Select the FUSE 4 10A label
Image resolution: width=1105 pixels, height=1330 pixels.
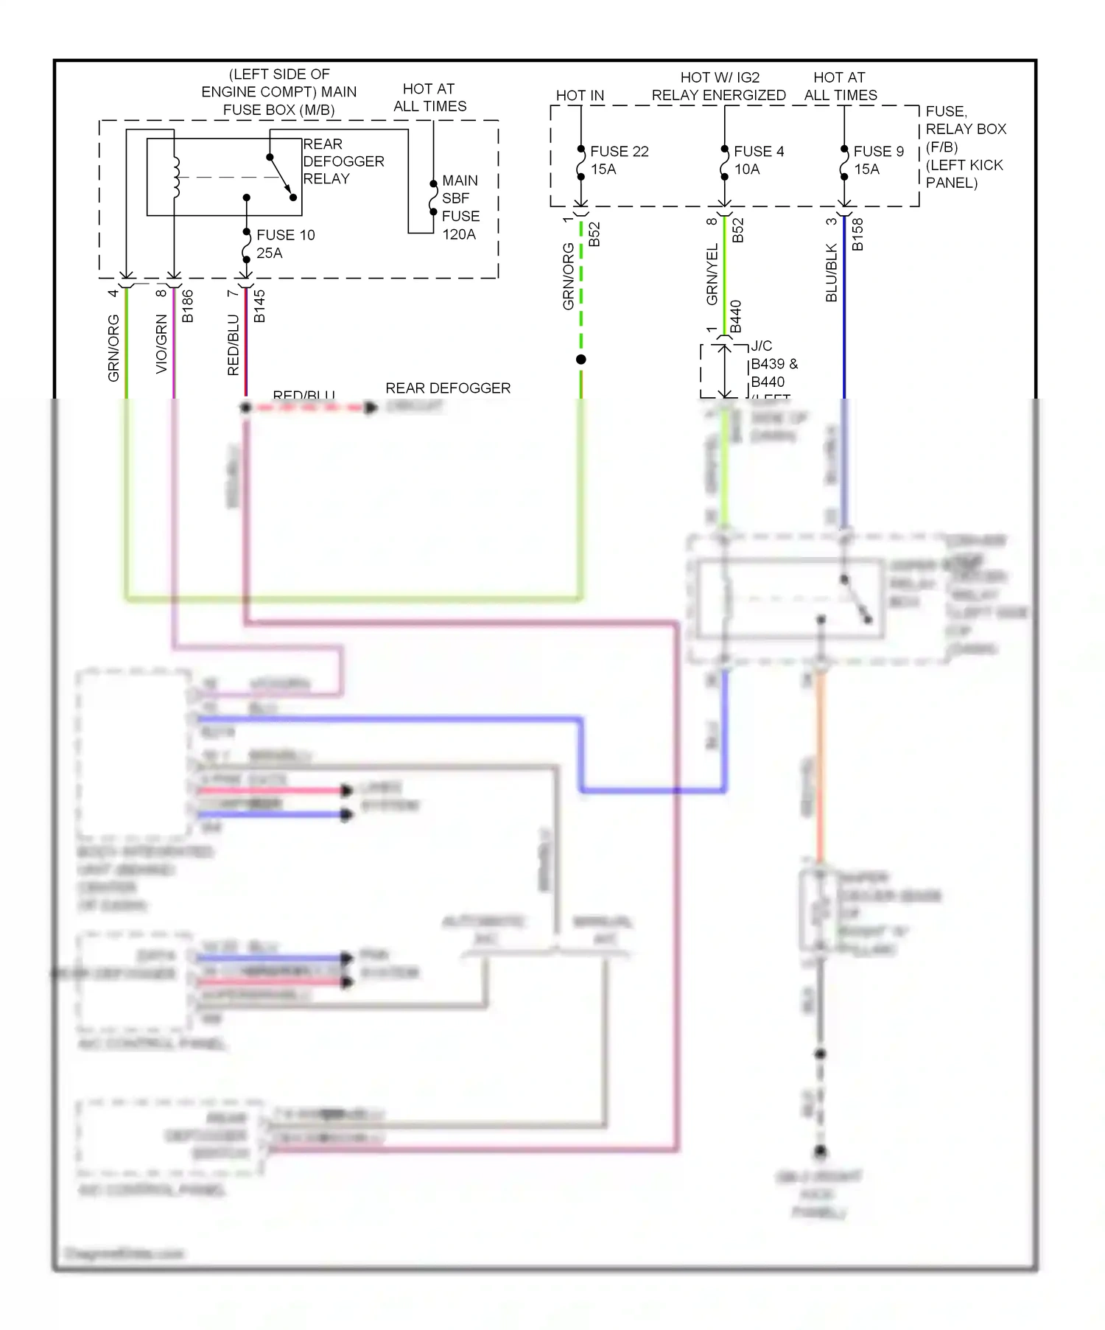758,160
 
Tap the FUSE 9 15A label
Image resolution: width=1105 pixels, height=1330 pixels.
877,160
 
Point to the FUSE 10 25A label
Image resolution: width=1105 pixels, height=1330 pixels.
284,244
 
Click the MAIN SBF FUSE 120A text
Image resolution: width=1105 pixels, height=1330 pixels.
460,207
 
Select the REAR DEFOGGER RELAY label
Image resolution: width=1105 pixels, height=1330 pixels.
343,161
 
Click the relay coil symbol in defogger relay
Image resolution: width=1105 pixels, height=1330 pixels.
175,177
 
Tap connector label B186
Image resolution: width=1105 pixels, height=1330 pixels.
188,306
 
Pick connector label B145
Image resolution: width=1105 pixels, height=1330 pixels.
259,306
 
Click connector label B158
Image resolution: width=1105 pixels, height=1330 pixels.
857,234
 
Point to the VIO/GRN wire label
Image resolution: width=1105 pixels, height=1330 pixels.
161,343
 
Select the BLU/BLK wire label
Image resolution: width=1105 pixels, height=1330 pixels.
832,273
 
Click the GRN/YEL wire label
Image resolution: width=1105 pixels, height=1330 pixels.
712,274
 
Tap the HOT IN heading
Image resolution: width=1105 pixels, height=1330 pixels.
579,95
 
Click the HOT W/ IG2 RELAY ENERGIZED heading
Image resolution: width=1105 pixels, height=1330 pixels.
718,86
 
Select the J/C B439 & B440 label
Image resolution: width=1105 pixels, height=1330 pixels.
773,364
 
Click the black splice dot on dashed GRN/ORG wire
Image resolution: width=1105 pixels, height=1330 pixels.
581,360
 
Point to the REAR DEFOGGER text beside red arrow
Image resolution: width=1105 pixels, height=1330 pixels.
447,388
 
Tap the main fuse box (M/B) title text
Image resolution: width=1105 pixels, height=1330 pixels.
279,92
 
